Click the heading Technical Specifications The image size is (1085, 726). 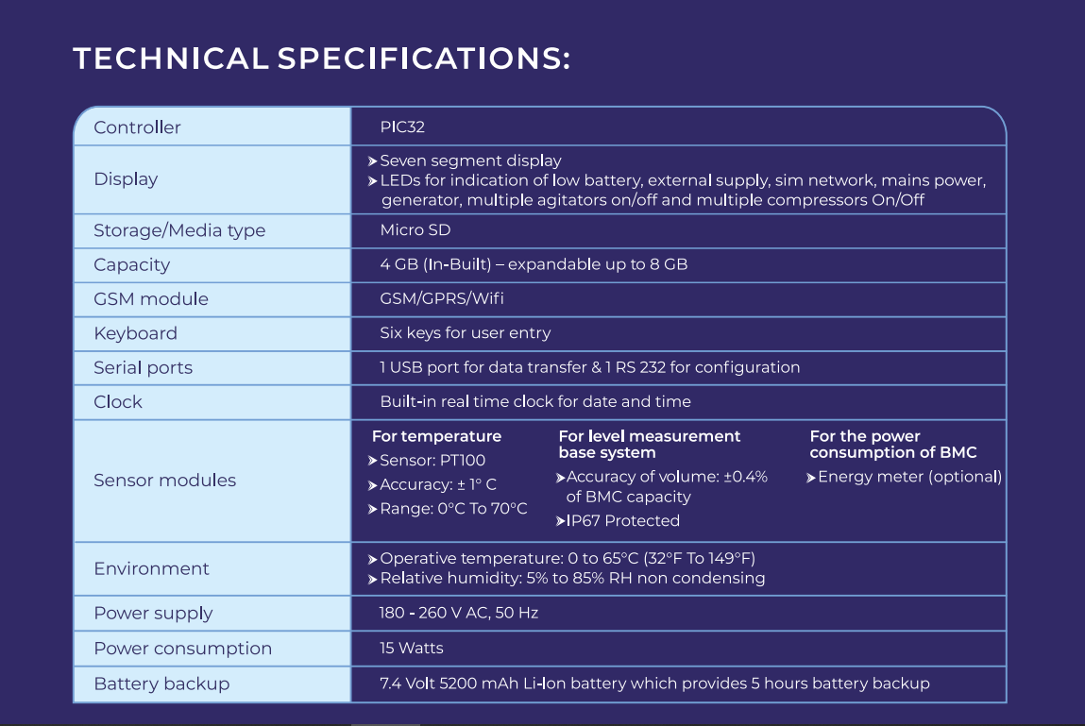coord(321,59)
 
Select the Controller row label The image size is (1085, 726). coord(137,127)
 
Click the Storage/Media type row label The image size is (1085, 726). coord(179,230)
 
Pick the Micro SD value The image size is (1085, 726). coord(415,230)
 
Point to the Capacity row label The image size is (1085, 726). coord(131,264)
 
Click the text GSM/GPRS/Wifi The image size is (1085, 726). coord(441,298)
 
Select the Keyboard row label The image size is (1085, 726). coord(135,333)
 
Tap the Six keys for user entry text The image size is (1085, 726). coord(465,333)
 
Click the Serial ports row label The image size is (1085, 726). coord(143,367)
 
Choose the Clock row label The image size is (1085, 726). coord(118,401)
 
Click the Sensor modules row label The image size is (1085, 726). coord(164,480)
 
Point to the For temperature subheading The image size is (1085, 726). coord(436,436)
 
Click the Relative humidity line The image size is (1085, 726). coord(571,578)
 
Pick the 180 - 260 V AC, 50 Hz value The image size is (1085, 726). coord(458,613)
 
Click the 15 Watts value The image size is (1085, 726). coord(411,648)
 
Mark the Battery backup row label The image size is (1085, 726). coord(161,684)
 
